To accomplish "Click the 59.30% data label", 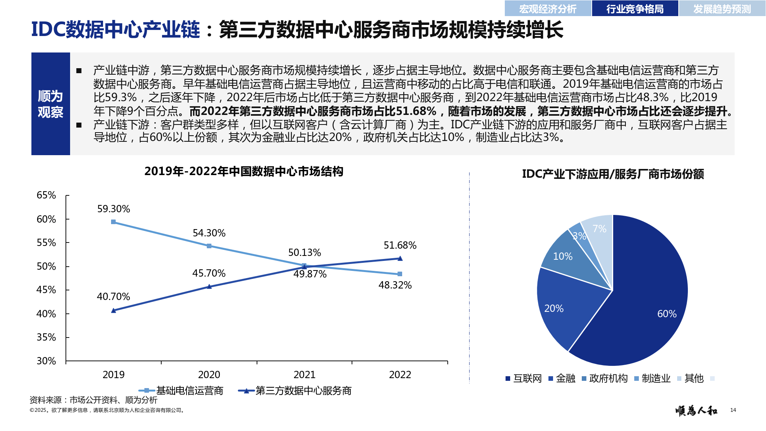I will (113, 209).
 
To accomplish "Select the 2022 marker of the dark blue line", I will (400, 259).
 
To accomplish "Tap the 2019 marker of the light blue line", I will (113, 222).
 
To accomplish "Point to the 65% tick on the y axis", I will (46, 195).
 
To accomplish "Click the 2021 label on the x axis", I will (304, 375).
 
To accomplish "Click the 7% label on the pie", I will (599, 229).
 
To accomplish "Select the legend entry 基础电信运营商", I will (189, 391).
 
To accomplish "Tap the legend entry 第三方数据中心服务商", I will (303, 391).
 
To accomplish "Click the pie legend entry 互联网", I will (527, 379).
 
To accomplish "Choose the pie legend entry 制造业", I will (656, 379).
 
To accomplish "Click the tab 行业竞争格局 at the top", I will (635, 9).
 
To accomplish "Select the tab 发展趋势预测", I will (722, 9).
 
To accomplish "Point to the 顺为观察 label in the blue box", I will (50, 104).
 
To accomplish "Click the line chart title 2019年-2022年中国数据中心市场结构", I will (244, 171).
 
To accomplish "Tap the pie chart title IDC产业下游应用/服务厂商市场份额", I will (613, 174).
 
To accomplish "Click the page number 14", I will (733, 410).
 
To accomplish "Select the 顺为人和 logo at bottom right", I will (696, 411).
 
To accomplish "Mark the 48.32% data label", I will (395, 285).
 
